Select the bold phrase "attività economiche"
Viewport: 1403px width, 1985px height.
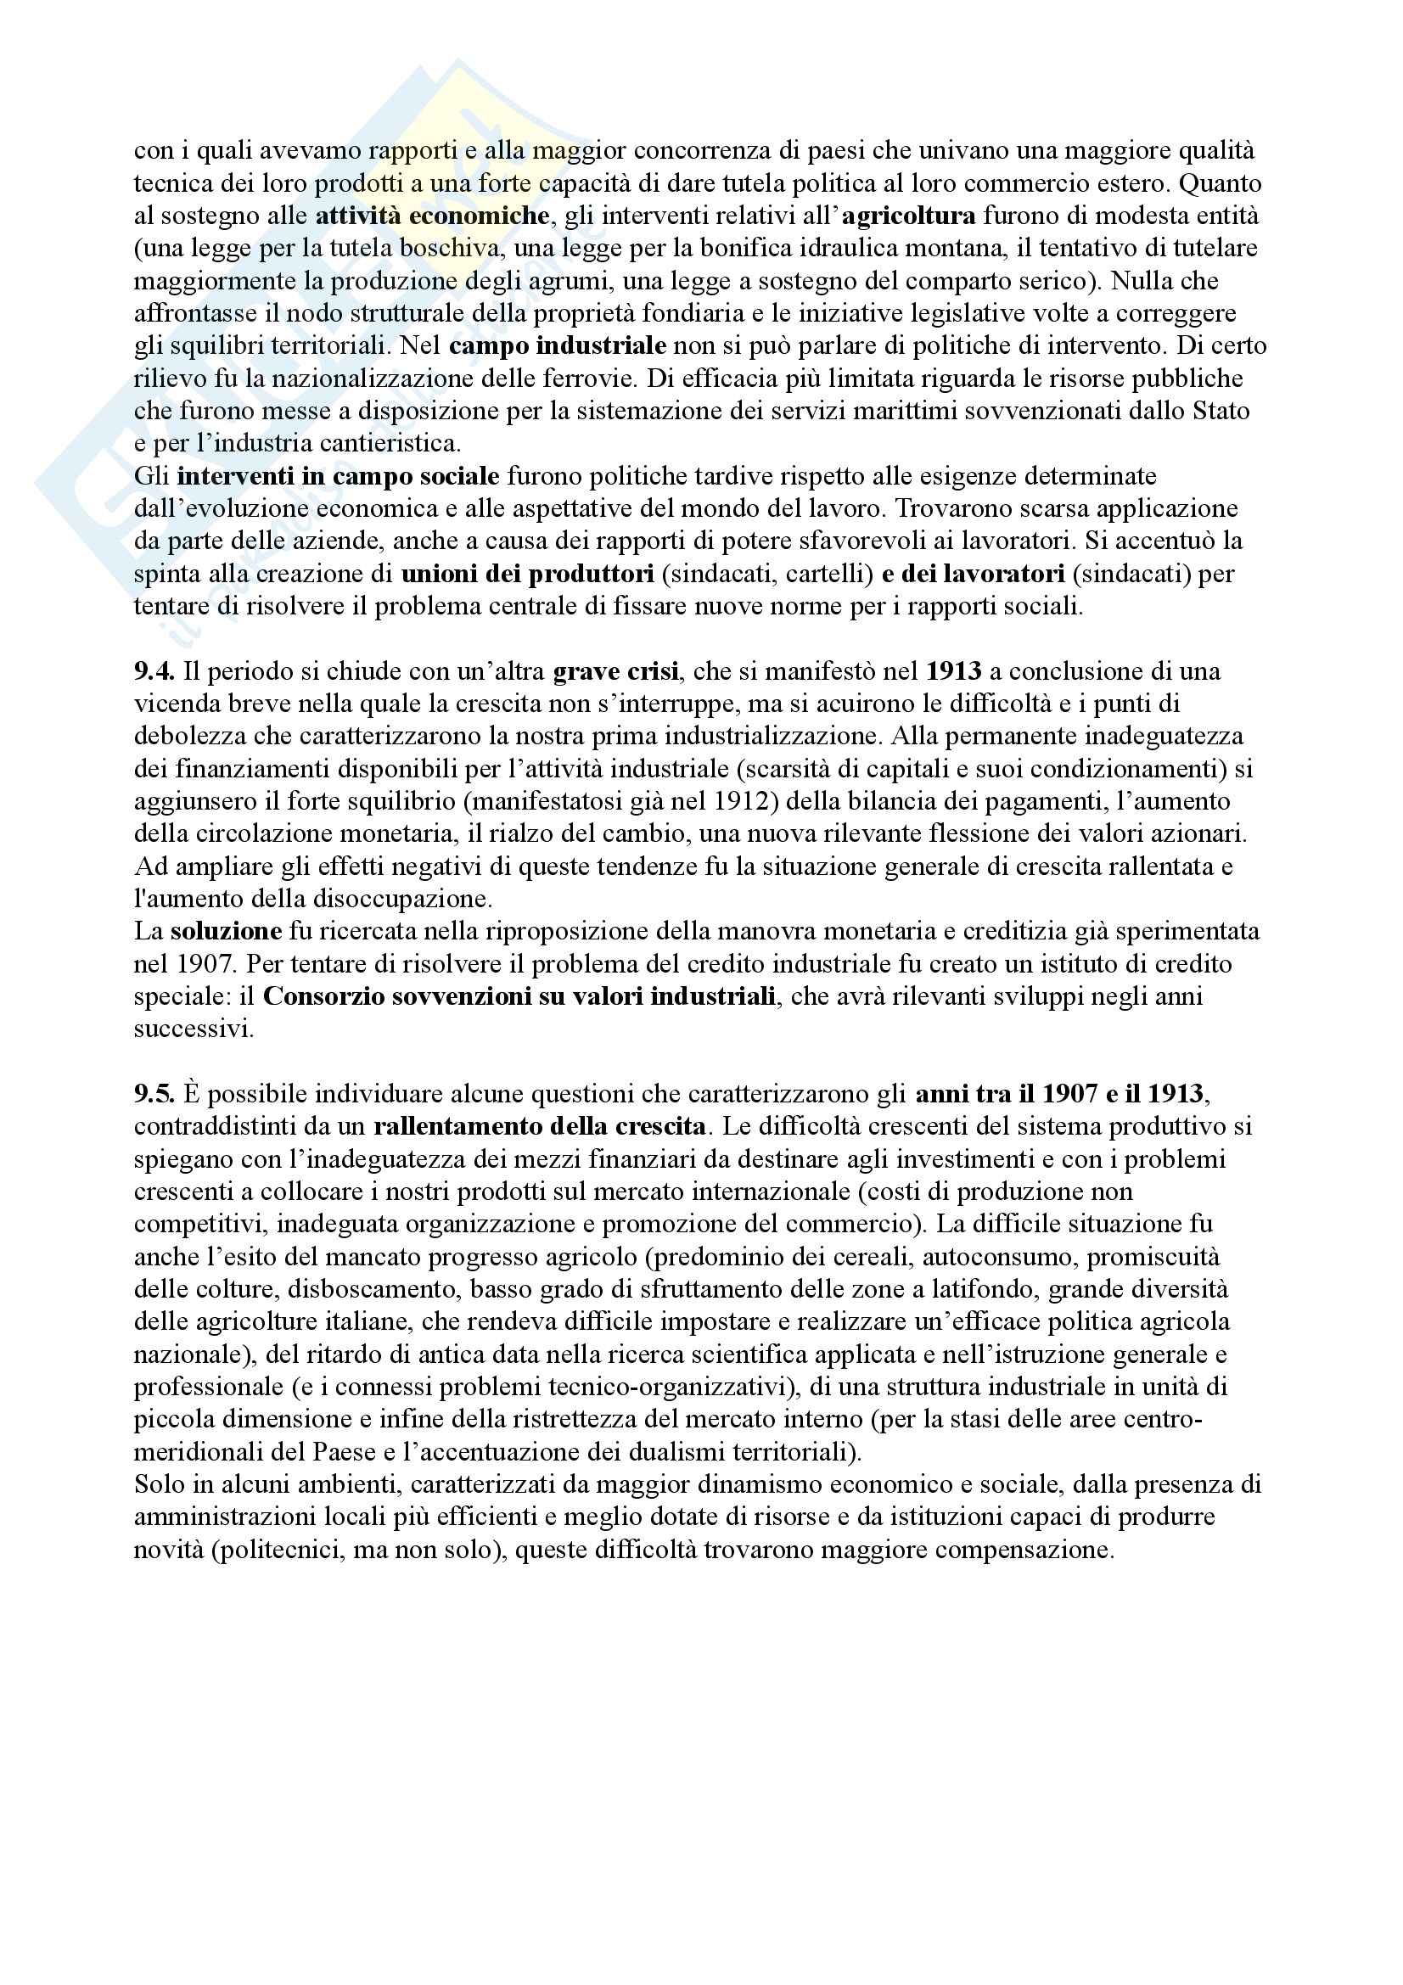(432, 216)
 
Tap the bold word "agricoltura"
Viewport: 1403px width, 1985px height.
(908, 216)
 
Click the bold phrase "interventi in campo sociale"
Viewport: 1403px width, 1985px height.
(338, 476)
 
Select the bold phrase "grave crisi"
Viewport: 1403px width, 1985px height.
(615, 672)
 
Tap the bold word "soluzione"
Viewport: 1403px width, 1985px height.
(227, 932)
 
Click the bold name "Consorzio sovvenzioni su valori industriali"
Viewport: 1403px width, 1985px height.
(519, 997)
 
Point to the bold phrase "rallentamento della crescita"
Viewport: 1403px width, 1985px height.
(540, 1127)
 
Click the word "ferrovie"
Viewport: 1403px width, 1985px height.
(591, 378)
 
